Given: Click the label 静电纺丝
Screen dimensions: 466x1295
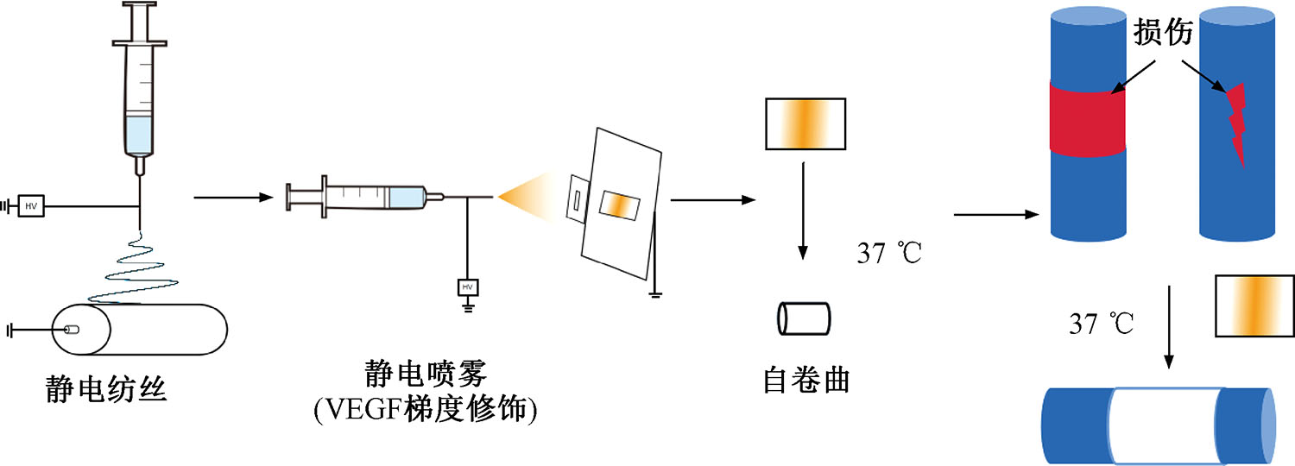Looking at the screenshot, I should [105, 391].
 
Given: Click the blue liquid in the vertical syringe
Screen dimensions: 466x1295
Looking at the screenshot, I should [138, 135].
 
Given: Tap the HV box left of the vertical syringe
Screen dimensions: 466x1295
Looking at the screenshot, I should [31, 206].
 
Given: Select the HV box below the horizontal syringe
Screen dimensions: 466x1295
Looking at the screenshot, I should [467, 287].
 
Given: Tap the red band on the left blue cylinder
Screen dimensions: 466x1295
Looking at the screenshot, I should [1088, 118].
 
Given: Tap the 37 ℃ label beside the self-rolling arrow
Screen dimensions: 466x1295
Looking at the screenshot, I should [889, 254].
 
